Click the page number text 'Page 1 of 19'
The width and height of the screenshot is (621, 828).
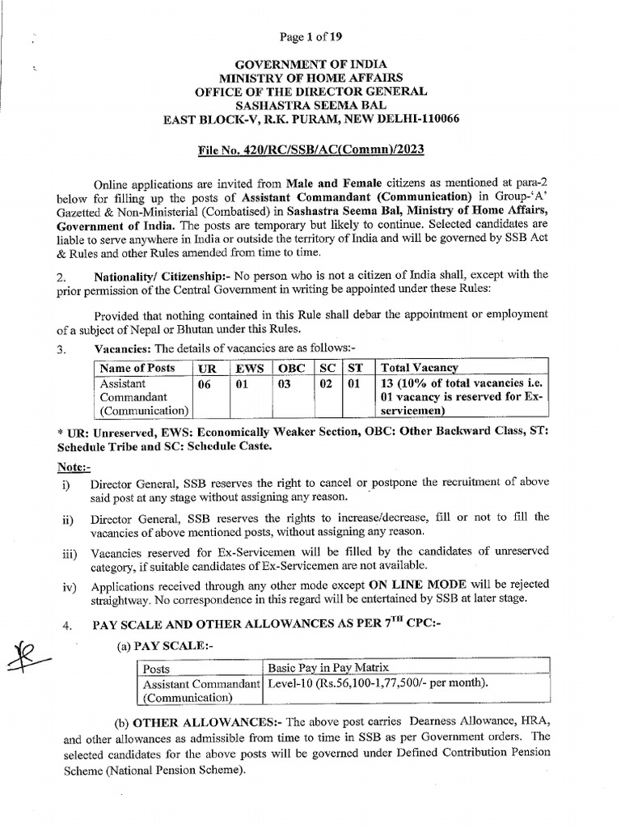point(310,36)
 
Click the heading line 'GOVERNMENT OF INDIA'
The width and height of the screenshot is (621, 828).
point(310,64)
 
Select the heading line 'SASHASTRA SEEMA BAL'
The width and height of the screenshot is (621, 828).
point(310,105)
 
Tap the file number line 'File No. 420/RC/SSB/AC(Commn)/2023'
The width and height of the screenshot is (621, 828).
point(311,150)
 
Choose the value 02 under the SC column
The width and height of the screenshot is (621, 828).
point(325,384)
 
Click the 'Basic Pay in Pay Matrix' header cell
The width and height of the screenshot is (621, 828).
point(328,667)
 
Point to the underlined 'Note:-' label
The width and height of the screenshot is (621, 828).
point(74,468)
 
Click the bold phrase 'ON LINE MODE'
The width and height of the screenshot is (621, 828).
point(412,584)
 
